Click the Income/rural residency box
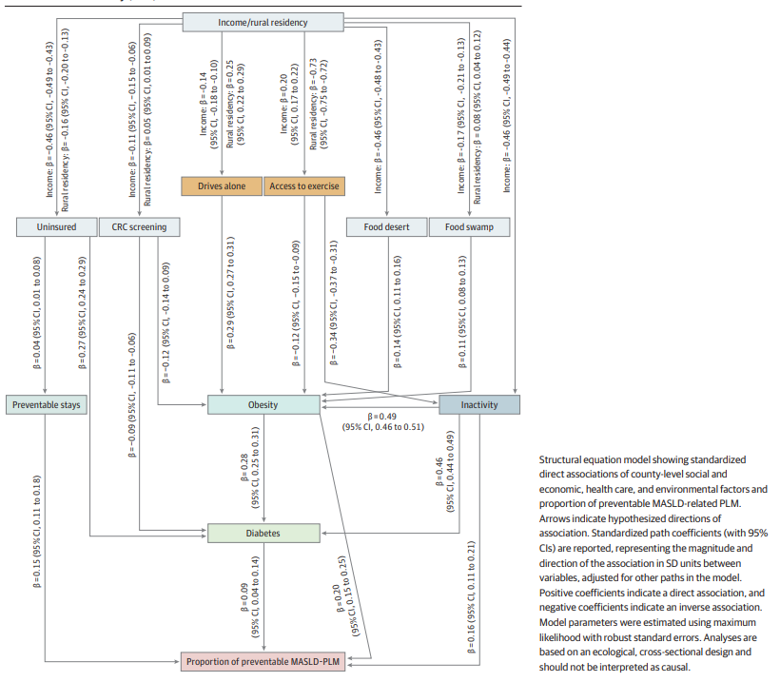click(x=263, y=21)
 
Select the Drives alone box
click(x=222, y=185)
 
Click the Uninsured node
click(x=57, y=226)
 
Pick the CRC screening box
click(x=139, y=226)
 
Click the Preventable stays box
click(x=47, y=404)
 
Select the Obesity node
click(x=263, y=404)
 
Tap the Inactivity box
click(x=479, y=404)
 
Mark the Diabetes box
click(x=263, y=533)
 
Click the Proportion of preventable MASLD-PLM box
click(x=263, y=661)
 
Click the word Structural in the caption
click(x=563, y=459)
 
